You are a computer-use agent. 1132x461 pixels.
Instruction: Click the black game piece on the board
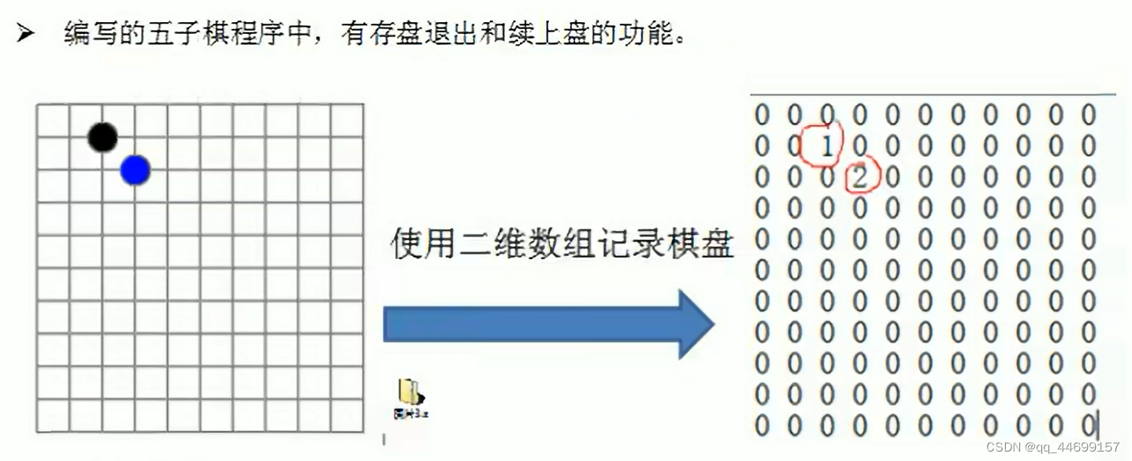click(102, 138)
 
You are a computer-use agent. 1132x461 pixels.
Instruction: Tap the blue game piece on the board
click(135, 170)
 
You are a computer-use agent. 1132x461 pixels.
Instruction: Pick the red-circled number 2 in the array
click(859, 177)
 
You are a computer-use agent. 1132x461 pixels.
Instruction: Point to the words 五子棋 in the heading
click(189, 35)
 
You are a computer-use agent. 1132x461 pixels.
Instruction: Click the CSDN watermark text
click(1004, 447)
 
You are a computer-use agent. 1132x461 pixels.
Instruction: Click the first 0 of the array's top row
click(762, 115)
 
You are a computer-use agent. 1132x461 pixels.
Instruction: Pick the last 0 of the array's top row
click(1089, 115)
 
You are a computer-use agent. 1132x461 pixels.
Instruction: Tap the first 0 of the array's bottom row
click(762, 426)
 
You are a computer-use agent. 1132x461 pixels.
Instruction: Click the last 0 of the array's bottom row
click(1089, 426)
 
